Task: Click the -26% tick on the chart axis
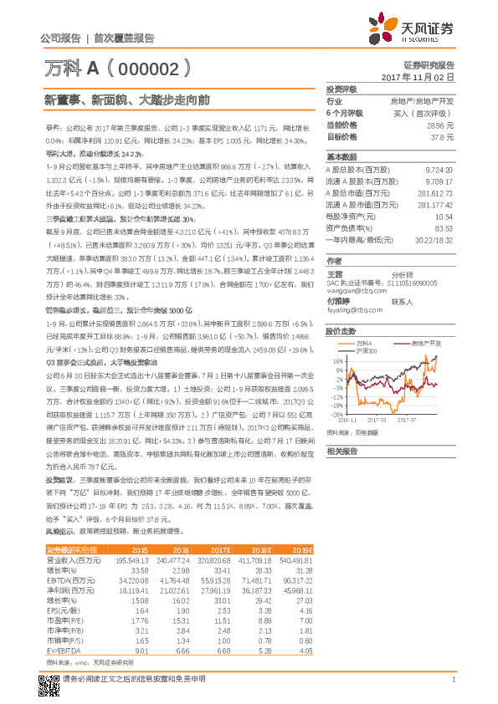point(335,414)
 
